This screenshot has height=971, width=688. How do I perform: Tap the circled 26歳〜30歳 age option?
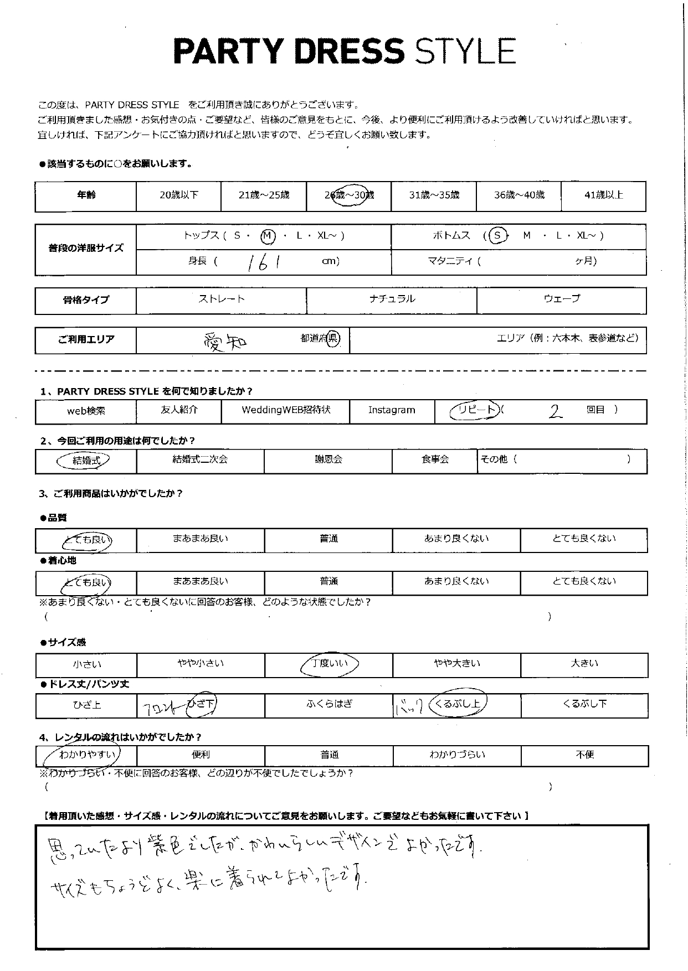pos(350,195)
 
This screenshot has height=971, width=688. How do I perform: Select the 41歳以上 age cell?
pos(603,195)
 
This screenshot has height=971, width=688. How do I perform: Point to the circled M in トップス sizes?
pos(268,236)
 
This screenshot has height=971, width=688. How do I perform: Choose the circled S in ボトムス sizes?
pos(497,236)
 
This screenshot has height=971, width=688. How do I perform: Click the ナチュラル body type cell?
pos(392,299)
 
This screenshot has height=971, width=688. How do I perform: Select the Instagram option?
pos(392,410)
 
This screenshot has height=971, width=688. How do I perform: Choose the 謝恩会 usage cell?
pos(328,459)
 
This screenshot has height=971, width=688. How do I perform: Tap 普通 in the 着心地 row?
pos(328,581)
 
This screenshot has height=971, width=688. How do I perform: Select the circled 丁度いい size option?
pos(329,663)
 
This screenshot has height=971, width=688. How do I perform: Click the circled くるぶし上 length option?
pos(458,704)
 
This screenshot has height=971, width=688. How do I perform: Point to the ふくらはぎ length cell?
pos(329,704)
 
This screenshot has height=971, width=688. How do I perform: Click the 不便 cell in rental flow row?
pos(584,755)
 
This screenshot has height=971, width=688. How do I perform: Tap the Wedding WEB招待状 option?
pos(286,410)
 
